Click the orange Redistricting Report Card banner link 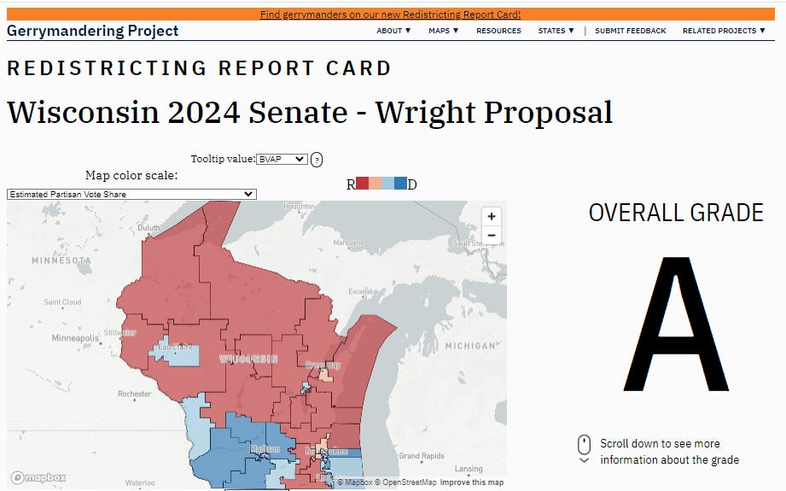pyautogui.click(x=390, y=15)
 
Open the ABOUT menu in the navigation pyautogui.click(x=393, y=31)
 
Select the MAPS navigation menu pyautogui.click(x=443, y=31)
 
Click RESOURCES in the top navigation pyautogui.click(x=498, y=31)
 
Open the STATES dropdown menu pyautogui.click(x=556, y=31)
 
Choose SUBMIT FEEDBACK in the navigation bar pyautogui.click(x=631, y=31)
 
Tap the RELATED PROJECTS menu pyautogui.click(x=724, y=31)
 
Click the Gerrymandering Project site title pyautogui.click(x=93, y=31)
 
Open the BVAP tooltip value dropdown pyautogui.click(x=282, y=159)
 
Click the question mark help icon pyautogui.click(x=317, y=160)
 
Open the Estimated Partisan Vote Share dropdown pyautogui.click(x=131, y=194)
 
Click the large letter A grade pyautogui.click(x=676, y=322)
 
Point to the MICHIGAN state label pyautogui.click(x=470, y=346)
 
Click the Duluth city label pyautogui.click(x=149, y=228)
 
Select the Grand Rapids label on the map pyautogui.click(x=422, y=456)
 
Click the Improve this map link pyautogui.click(x=472, y=482)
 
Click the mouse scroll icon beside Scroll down pyautogui.click(x=584, y=445)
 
